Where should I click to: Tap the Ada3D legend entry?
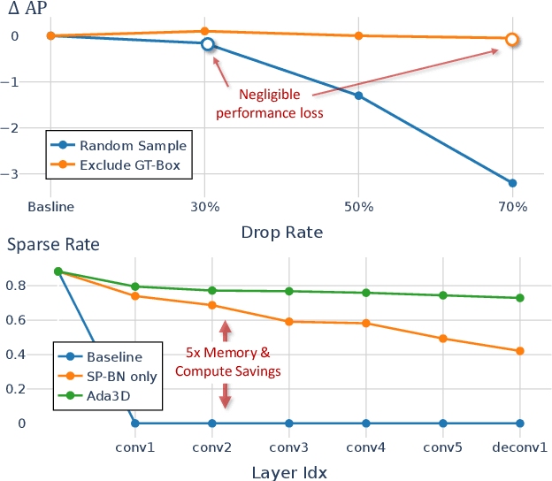coord(105,397)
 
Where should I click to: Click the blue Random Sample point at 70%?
coord(512,183)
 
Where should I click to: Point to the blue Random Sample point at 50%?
coord(358,95)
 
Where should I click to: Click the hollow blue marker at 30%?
coord(207,44)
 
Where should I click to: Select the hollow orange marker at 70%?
coord(511,39)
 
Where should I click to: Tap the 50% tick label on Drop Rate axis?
coord(358,208)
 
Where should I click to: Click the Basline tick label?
coord(50,208)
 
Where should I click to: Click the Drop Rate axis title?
coord(281,233)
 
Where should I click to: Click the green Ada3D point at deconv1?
coord(519,298)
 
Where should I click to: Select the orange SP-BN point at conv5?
coord(442,339)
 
